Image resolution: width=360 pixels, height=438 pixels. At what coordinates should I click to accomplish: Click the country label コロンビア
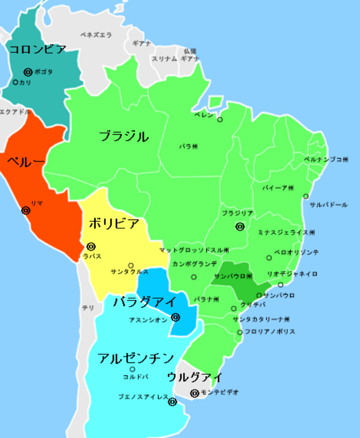38,49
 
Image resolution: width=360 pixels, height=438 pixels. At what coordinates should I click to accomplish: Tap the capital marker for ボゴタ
28,72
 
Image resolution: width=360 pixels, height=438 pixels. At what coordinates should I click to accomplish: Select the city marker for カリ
15,82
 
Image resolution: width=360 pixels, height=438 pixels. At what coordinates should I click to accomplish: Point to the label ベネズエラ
96,35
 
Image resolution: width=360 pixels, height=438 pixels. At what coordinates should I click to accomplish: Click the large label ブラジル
123,137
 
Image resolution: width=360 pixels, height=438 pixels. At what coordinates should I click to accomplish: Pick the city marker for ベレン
220,119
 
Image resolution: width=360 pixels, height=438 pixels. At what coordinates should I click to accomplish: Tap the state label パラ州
188,146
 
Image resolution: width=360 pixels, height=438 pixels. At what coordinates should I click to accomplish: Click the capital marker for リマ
26,210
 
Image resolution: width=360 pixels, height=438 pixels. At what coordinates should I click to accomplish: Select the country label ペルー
25,162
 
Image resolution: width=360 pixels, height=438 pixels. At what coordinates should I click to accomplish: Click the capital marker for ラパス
91,246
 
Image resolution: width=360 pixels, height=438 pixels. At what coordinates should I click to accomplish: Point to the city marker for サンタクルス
131,265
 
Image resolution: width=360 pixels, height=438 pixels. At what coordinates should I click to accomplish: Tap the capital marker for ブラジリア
240,226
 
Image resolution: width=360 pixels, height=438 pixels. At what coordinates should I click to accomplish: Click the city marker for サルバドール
306,196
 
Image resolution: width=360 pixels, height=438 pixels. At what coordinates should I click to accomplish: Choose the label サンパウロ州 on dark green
233,276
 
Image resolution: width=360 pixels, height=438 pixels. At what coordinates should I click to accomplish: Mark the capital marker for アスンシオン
176,317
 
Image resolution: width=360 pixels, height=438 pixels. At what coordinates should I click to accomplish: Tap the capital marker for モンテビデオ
195,392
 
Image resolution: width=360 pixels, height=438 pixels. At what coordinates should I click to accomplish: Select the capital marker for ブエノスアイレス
172,402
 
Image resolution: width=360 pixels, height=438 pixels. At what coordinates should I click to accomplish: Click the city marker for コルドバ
133,369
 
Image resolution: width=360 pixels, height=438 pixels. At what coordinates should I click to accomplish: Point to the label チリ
88,308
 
